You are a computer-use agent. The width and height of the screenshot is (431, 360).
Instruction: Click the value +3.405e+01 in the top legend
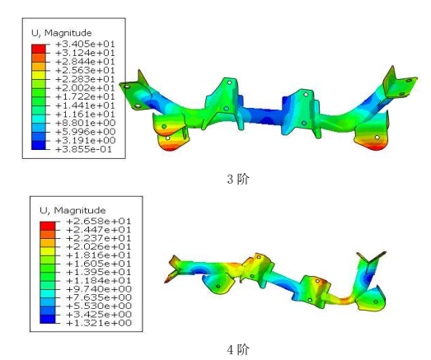coord(85,44)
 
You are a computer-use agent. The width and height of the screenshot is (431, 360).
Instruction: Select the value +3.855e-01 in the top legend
coord(83,149)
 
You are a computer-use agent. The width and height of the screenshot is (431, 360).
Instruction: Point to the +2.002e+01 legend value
coord(85,88)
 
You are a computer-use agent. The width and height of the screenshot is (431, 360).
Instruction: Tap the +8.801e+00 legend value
coord(85,123)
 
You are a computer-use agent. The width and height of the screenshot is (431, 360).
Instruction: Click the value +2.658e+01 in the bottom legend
coord(99,222)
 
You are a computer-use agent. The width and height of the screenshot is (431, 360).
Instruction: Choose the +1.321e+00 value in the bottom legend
coord(99,323)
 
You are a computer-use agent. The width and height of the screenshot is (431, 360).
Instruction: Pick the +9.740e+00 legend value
coord(99,289)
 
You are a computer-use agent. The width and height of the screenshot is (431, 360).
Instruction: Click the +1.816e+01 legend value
coord(99,255)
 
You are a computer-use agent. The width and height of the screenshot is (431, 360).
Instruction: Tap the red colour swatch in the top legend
coord(39,49)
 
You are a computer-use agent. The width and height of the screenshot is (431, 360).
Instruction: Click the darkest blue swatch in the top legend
coord(39,145)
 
